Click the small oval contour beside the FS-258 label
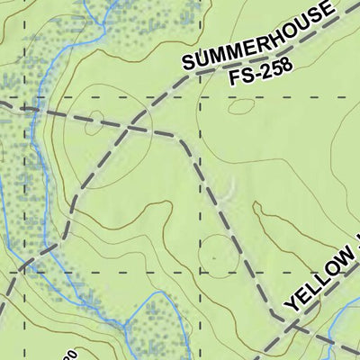coord(240,105)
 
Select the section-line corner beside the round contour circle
coord(199,272)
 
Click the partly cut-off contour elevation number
coord(67,355)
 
